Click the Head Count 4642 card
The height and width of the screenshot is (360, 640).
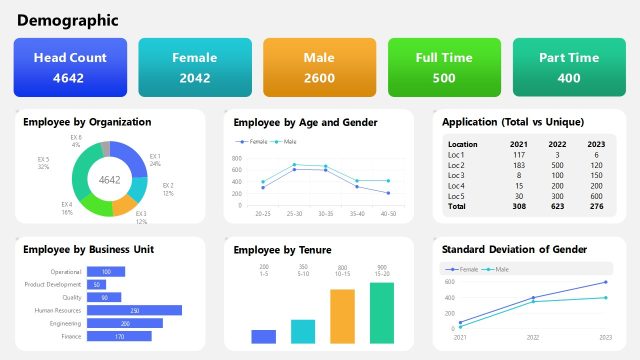(70, 67)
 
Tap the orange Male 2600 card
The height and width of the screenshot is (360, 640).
(319, 67)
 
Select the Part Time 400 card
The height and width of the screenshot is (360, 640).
(568, 67)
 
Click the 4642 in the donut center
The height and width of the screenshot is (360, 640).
(109, 180)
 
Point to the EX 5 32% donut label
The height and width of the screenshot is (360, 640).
(44, 162)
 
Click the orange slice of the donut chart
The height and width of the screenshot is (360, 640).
(125, 204)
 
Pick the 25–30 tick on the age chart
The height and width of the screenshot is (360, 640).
(294, 213)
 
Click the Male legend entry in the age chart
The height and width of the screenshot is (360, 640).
(285, 142)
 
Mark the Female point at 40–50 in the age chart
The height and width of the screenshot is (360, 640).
(388, 193)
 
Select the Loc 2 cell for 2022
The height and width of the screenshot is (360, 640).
(557, 165)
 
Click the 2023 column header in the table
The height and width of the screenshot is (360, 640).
(596, 144)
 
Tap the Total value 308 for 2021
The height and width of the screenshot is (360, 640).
(519, 206)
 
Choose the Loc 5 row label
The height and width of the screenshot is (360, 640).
(457, 196)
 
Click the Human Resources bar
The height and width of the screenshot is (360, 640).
(134, 310)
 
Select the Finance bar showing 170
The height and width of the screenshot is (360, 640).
(119, 336)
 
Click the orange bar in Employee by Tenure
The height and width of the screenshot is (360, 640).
(342, 316)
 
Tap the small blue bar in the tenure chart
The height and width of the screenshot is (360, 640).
(264, 336)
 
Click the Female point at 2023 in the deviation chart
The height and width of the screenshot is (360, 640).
(606, 282)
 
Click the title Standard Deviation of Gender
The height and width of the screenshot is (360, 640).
(514, 249)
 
